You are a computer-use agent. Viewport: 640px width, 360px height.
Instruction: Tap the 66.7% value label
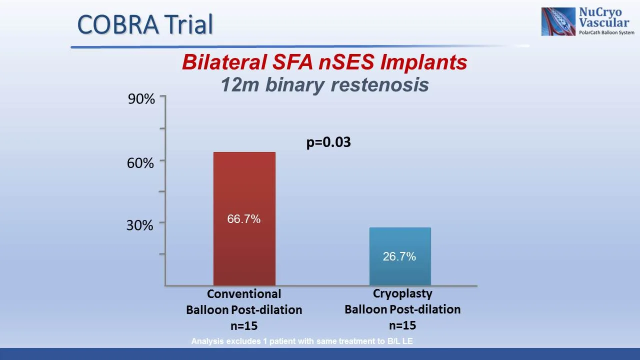tap(244, 219)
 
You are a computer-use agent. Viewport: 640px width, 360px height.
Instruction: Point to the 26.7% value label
tap(399, 256)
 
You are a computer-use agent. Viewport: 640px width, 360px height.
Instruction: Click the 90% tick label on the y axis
tap(141, 99)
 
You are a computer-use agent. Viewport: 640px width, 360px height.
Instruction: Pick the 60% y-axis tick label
tap(140, 163)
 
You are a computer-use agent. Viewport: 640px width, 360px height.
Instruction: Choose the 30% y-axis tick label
tap(139, 225)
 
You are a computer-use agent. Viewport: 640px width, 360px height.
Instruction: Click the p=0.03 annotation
tap(328, 142)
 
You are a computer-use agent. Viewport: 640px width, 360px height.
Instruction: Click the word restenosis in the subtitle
tap(380, 84)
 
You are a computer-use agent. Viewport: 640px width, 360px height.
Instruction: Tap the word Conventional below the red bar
tap(244, 294)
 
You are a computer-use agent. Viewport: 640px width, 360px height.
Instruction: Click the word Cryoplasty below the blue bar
tap(402, 293)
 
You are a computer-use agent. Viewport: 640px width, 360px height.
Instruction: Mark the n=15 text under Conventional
tap(244, 326)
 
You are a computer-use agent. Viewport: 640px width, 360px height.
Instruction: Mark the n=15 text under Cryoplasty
tap(402, 325)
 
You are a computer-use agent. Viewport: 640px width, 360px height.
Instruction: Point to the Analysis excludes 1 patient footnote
tap(302, 341)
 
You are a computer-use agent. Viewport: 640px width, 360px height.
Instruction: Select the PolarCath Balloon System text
tap(606, 32)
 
